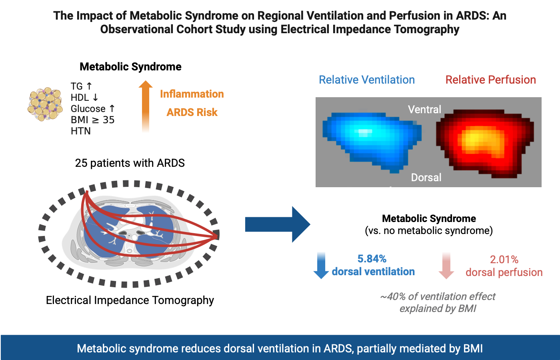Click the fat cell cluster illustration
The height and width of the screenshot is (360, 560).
pos(45,104)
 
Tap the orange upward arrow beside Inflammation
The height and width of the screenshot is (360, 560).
pos(146,106)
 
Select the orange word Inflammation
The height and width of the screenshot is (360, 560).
pos(192,94)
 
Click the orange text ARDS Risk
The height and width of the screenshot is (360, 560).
pos(192,112)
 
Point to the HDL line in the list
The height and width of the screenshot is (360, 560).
pos(84,98)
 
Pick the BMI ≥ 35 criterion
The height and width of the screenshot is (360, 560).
pos(92,120)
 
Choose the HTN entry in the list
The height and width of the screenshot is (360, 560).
pos(80,131)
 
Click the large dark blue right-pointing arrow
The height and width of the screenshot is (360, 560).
pos(278,224)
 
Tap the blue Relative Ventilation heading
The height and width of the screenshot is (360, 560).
pos(367,80)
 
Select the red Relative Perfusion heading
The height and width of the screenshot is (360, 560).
pos(490,80)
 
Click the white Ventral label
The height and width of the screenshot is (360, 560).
pos(424,109)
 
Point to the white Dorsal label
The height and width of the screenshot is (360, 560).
pos(426,177)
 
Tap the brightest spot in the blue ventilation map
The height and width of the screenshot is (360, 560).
pos(364,132)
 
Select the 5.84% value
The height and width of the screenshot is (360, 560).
pos(372,259)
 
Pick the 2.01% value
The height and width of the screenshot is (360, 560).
pos(504,260)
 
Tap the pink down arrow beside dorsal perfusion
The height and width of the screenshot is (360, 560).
pos(446,266)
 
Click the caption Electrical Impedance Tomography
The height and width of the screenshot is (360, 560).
pos(130,300)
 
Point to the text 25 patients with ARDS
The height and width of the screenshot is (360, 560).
pos(130,163)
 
